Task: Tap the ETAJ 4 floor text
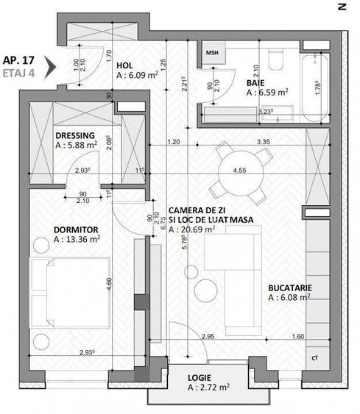click(x=20, y=74)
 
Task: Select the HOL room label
click(x=125, y=64)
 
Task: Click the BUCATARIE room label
click(x=289, y=288)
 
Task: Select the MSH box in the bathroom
click(x=213, y=53)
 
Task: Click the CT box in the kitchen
click(x=315, y=358)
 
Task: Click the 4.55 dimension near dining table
click(x=239, y=171)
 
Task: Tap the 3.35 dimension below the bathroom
click(x=261, y=140)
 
